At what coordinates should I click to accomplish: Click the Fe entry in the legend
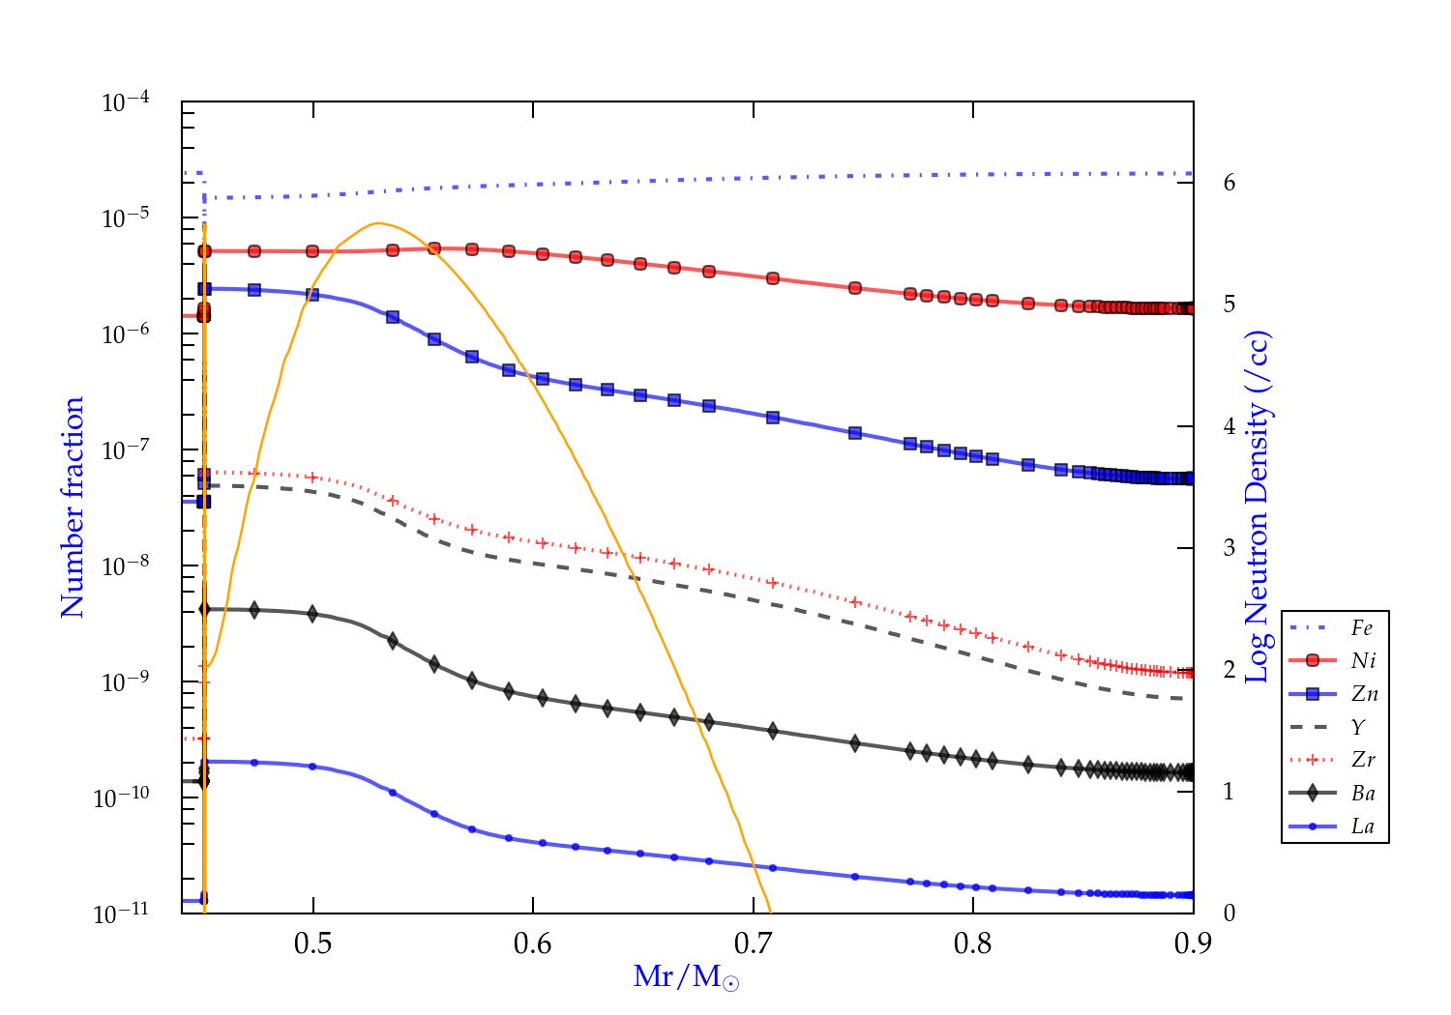1361,628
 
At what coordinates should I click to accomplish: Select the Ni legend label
1363,661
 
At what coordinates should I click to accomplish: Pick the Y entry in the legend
1358,727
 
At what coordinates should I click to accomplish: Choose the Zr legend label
1363,760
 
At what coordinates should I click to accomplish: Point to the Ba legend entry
1363,794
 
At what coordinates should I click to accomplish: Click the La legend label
1362,826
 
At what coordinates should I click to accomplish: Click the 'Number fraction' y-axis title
74,507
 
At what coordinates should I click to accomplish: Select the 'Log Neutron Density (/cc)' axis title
1257,507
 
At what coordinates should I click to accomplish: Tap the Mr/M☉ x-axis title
686,977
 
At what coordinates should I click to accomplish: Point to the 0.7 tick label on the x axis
753,943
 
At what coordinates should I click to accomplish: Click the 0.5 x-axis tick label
312,943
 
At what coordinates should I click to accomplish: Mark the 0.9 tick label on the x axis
1193,943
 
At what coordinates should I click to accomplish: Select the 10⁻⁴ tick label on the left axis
126,101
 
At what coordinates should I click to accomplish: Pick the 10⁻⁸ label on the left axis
126,565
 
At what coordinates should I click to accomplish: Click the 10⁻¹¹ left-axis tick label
122,913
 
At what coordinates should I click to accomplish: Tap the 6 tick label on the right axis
1229,183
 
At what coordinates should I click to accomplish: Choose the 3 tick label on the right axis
1229,548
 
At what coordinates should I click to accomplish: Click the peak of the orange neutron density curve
378,223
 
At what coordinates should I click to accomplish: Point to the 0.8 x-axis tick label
972,943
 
